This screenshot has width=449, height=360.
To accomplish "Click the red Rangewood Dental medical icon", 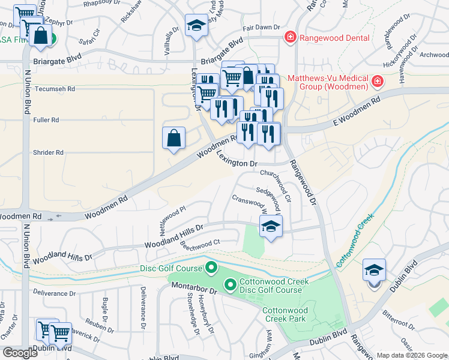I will tap(291, 38).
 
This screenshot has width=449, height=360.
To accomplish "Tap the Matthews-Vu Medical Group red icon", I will tap(377, 81).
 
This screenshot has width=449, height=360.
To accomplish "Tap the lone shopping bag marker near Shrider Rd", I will tap(173, 138).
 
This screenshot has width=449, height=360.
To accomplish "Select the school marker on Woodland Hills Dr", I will tap(271, 226).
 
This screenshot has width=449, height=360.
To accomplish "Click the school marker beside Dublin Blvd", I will tap(374, 271).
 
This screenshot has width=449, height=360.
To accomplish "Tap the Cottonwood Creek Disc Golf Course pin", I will tap(229, 284).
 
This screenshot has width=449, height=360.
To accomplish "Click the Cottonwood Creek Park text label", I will tap(285, 314).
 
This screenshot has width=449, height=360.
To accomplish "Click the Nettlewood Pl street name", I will tap(173, 214).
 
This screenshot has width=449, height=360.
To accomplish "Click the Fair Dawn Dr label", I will tap(261, 27).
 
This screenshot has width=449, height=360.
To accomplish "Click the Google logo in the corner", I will tap(20, 353).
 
